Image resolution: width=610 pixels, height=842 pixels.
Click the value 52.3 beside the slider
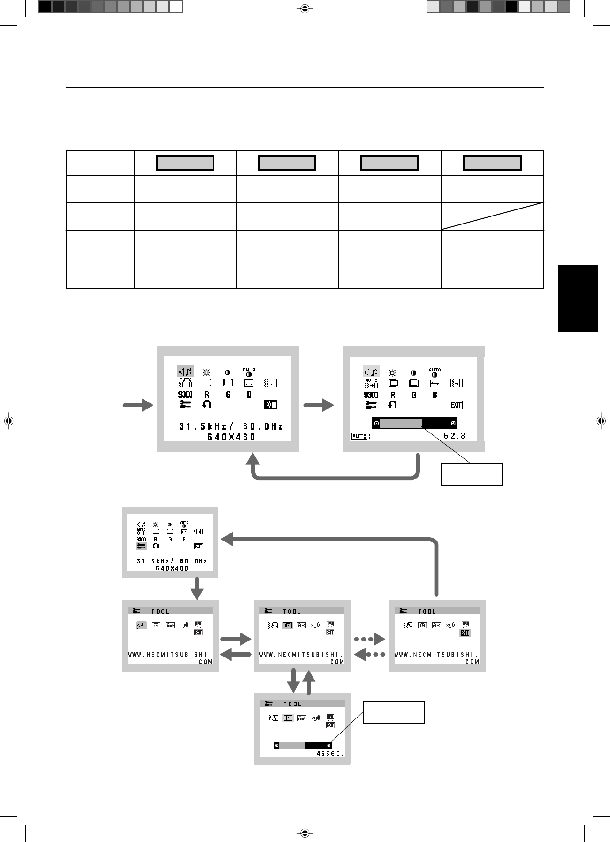click(454, 436)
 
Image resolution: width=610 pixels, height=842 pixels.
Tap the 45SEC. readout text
click(330, 754)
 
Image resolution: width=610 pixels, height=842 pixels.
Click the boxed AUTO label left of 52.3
click(359, 436)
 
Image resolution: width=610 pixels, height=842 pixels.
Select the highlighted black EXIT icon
click(465, 633)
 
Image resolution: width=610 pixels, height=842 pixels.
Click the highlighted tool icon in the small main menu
click(141, 546)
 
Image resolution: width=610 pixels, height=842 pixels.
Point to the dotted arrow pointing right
click(369, 639)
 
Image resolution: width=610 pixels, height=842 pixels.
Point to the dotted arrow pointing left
click(369, 654)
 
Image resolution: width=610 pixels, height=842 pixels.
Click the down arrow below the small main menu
click(197, 588)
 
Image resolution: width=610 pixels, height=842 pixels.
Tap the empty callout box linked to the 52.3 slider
click(472, 474)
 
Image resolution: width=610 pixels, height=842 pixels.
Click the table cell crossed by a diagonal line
click(492, 216)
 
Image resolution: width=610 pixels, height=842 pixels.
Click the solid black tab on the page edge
click(578, 298)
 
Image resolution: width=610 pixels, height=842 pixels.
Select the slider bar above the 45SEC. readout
click(303, 745)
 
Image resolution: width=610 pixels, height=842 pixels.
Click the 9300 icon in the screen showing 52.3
click(371, 395)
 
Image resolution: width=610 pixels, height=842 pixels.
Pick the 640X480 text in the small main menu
click(172, 568)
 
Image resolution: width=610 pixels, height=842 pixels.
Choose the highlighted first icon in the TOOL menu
click(141, 626)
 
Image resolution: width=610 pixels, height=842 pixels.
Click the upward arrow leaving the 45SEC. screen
click(309, 682)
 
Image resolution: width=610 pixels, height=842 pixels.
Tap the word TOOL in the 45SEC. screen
click(292, 704)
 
